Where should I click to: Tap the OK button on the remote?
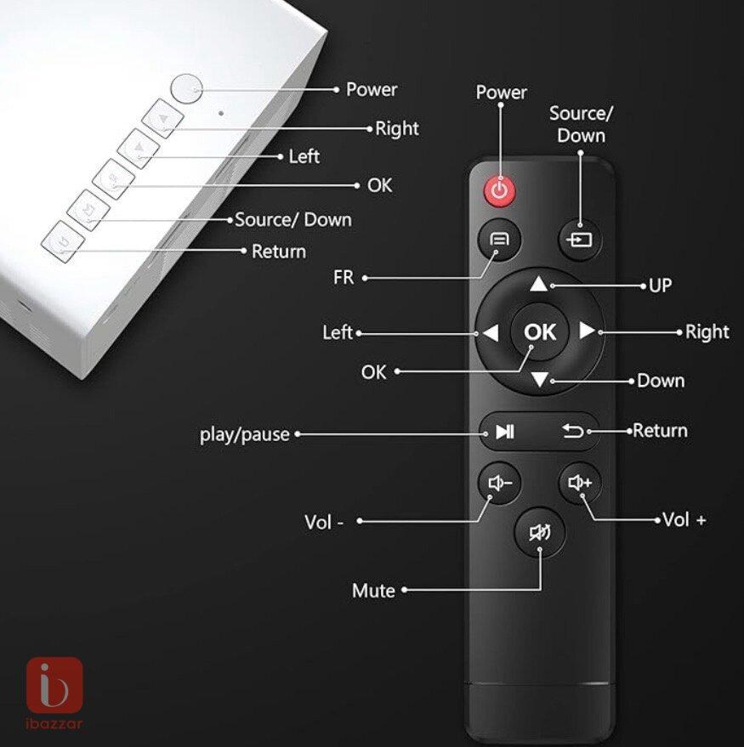540,331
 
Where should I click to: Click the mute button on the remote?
540,532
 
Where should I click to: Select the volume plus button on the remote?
580,483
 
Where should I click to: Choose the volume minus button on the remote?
499,483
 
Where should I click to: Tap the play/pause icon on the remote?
505,432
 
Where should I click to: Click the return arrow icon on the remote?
572,431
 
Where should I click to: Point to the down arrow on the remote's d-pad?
540,380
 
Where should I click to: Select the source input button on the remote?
580,239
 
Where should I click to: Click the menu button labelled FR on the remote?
499,239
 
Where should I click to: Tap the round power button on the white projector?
186,88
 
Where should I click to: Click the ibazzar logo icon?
54,685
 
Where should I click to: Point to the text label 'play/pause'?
245,434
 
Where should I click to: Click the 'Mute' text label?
373,591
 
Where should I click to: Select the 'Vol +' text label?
684,519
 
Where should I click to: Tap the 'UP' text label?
661,286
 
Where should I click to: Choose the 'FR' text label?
344,277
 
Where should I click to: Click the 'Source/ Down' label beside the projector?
293,219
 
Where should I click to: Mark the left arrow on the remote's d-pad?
491,333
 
